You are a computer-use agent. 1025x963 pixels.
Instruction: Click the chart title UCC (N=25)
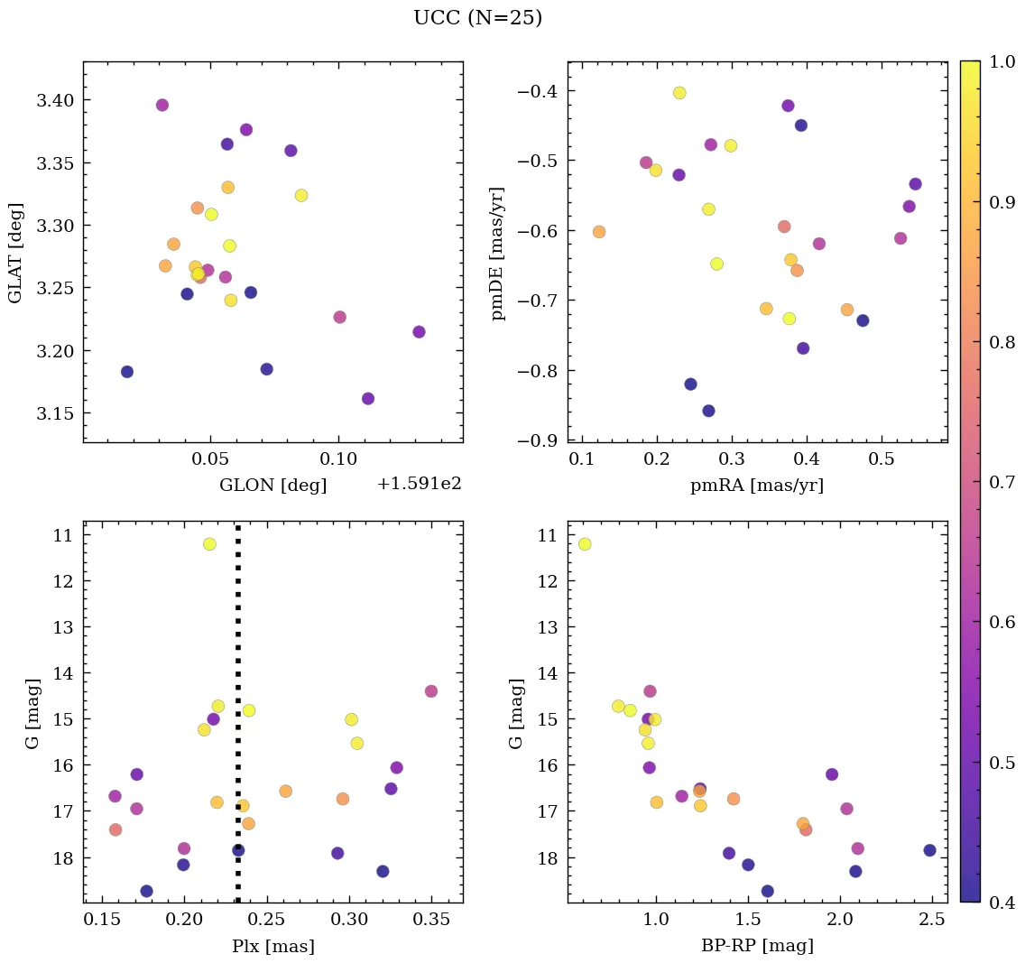[477, 18]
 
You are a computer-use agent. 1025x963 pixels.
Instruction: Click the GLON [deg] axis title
[272, 486]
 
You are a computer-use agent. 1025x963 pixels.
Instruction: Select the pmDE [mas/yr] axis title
[498, 254]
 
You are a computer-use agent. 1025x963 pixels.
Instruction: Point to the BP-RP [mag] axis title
[757, 947]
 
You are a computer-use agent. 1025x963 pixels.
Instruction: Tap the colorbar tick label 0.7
[1002, 482]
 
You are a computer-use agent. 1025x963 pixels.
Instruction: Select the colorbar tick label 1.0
[1002, 61]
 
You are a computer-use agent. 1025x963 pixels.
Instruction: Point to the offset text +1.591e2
[420, 484]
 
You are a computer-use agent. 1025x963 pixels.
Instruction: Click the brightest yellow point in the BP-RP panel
[585, 544]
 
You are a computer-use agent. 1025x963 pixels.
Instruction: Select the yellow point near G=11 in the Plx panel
[209, 544]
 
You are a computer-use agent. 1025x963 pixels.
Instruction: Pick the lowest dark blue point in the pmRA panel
[708, 411]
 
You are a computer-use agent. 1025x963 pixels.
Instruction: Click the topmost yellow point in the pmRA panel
[679, 93]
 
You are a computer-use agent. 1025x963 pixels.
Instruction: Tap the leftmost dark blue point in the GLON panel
[127, 372]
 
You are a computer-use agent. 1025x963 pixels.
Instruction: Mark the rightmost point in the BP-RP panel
[929, 850]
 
